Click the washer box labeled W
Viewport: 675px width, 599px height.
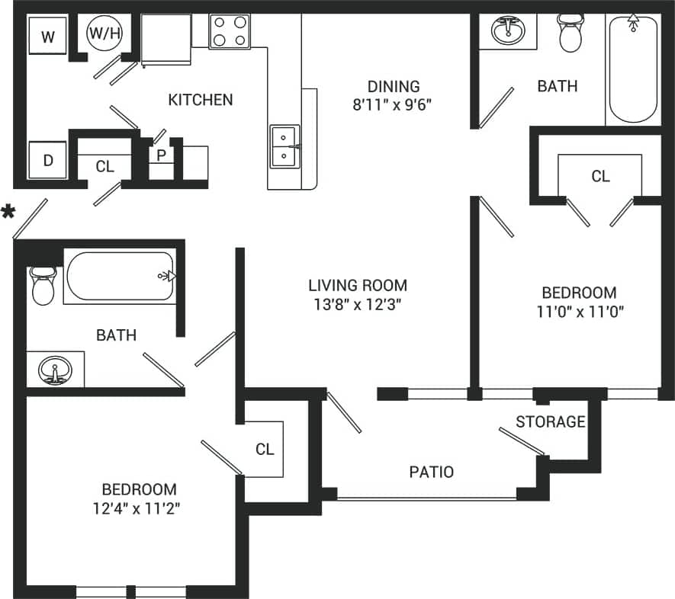[x=48, y=37]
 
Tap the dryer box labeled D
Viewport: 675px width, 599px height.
[x=48, y=161]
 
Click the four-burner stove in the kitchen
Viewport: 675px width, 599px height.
[x=230, y=31]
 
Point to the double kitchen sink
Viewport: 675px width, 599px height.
[x=284, y=146]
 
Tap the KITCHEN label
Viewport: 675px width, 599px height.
[x=200, y=100]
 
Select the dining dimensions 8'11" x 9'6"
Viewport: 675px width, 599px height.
[x=392, y=105]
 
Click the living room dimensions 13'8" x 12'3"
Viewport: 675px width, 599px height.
[x=357, y=304]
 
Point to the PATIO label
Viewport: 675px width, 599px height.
[x=431, y=472]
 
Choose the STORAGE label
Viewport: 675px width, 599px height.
[x=550, y=421]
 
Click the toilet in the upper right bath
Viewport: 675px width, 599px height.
[x=570, y=33]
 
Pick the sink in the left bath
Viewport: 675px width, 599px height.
[x=55, y=370]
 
